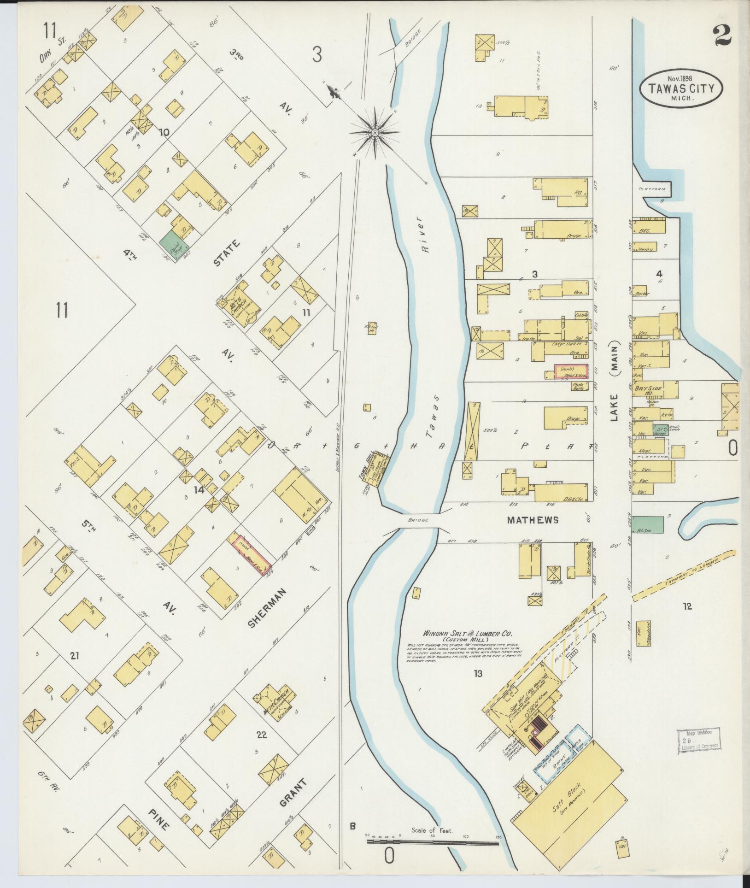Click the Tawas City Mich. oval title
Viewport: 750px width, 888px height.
click(680, 89)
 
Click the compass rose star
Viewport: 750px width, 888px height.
click(375, 133)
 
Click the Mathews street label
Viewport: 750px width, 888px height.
click(533, 520)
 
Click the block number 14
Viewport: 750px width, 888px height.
click(199, 490)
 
